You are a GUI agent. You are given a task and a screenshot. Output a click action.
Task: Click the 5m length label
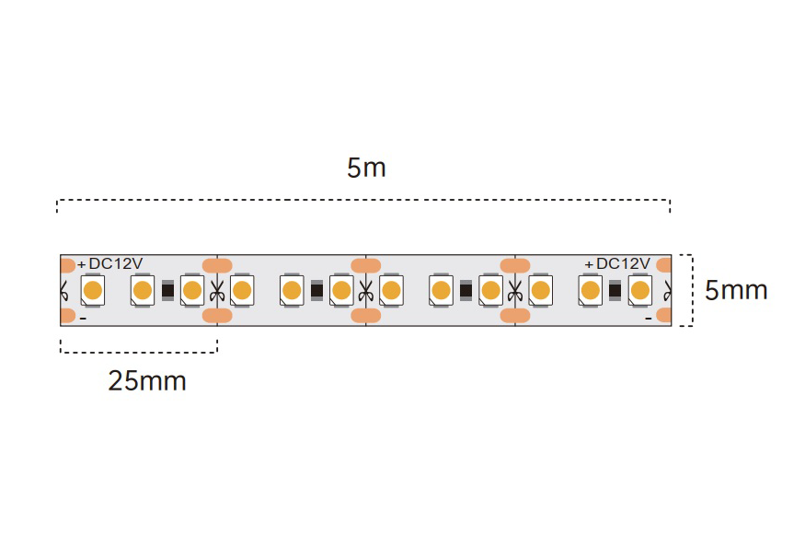(x=366, y=169)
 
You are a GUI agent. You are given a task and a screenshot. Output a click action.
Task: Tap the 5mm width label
(x=736, y=291)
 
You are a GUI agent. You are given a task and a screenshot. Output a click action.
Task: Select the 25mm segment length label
(x=147, y=380)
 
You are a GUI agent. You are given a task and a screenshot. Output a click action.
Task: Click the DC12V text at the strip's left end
(x=115, y=263)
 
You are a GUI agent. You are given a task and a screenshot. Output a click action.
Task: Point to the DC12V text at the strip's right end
(x=623, y=263)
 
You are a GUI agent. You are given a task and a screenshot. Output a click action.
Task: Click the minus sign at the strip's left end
(x=83, y=319)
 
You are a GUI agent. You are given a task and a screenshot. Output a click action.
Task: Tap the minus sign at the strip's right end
(x=649, y=319)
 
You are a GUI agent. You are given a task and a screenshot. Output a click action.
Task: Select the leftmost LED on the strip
(x=92, y=291)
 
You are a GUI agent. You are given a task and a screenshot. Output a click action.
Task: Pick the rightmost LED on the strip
(x=640, y=291)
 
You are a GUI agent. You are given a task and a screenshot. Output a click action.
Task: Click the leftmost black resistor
(x=167, y=291)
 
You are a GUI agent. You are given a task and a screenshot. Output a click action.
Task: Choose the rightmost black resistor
(x=615, y=291)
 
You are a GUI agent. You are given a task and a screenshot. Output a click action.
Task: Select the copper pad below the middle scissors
(x=365, y=316)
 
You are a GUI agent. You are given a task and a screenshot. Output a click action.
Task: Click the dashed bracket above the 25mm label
(x=138, y=351)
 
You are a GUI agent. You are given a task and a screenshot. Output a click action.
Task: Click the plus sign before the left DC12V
(x=82, y=264)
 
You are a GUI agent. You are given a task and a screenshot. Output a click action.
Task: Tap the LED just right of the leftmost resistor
(x=192, y=291)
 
